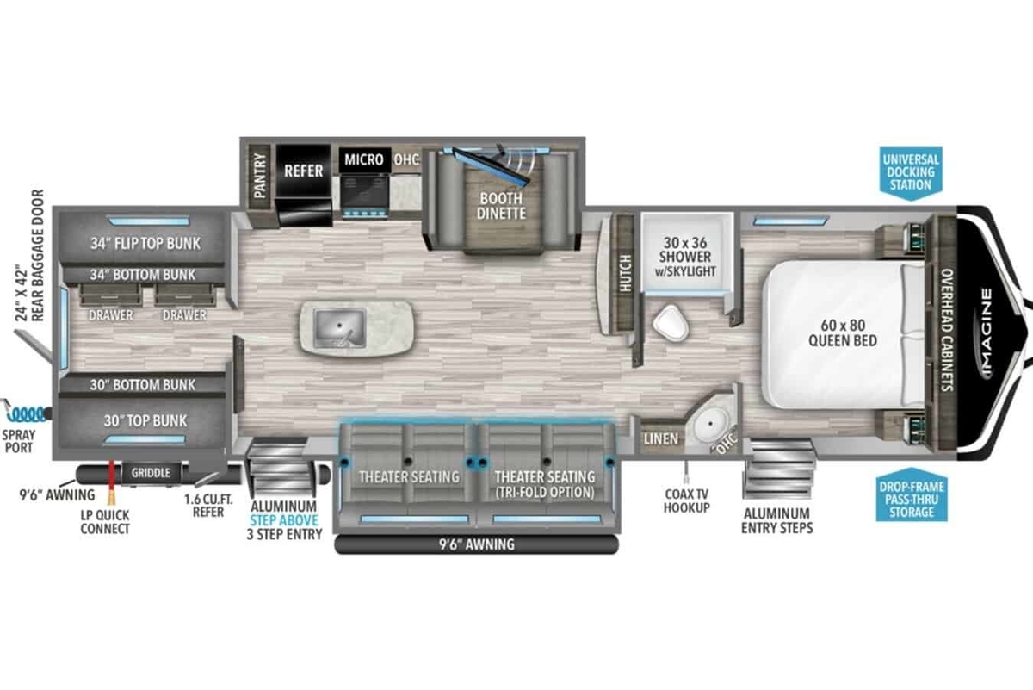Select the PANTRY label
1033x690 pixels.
260,176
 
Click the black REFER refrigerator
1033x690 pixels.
303,185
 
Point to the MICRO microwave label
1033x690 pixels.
364,159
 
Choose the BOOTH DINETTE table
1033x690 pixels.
502,206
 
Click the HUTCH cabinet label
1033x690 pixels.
625,273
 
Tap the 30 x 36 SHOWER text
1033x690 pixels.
685,250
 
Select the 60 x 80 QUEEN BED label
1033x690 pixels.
843,333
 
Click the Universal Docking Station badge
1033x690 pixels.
911,173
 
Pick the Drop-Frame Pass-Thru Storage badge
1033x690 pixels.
912,495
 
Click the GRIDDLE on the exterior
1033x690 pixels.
151,473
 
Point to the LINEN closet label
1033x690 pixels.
661,439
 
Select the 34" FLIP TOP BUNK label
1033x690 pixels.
145,243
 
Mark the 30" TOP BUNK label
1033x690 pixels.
145,421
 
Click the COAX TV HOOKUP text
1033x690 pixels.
687,500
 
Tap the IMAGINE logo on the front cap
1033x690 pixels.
986,333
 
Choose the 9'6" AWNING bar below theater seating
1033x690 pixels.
476,544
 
